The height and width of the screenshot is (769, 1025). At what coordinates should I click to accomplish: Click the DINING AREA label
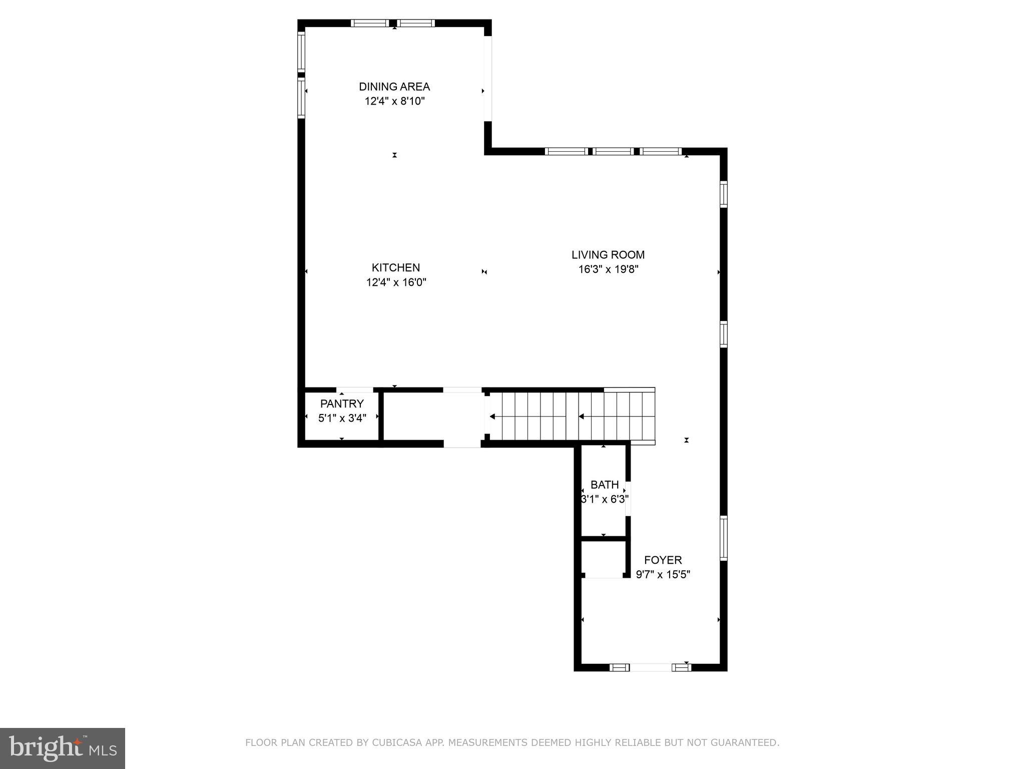(x=394, y=87)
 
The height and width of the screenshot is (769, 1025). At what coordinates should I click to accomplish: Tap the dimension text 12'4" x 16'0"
(x=396, y=282)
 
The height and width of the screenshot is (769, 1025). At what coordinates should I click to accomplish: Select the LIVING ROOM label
(x=608, y=255)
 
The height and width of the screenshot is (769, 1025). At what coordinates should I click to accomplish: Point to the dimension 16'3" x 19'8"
(x=608, y=269)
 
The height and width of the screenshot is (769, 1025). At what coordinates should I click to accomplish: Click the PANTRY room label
(x=342, y=404)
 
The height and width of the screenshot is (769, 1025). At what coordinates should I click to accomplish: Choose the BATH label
(x=605, y=485)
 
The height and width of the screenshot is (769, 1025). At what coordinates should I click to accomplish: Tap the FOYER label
(x=663, y=560)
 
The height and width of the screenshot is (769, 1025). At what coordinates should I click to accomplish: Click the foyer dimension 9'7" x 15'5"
(x=663, y=575)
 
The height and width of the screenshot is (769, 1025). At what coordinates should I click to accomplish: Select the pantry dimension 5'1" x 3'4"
(x=342, y=418)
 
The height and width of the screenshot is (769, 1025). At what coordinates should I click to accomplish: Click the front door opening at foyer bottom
(x=650, y=667)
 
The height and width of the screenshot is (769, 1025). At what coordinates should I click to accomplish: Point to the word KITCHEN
(x=395, y=267)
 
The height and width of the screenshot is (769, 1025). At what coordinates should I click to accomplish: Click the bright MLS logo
(x=63, y=748)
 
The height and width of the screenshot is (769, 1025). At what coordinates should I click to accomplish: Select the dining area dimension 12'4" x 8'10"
(x=394, y=101)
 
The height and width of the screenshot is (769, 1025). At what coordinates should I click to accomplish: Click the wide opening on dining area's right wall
(x=487, y=79)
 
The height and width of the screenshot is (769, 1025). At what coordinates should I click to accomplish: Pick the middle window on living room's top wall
(x=613, y=151)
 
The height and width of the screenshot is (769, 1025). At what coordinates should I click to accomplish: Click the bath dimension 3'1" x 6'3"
(x=605, y=499)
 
